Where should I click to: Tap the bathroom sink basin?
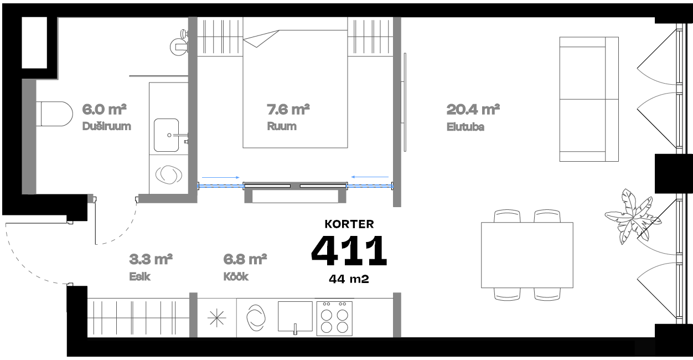[x=166, y=135]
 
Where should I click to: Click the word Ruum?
[x=281, y=126]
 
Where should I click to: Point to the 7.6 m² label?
[x=288, y=109]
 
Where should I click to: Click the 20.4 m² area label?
[x=473, y=109]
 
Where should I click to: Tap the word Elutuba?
[x=466, y=127]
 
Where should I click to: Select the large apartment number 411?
[x=349, y=250]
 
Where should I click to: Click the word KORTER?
[x=349, y=224]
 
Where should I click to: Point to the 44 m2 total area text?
[x=349, y=279]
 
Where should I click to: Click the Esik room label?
[x=139, y=277]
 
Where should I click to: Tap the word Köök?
[x=236, y=277]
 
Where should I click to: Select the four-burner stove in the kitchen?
[x=334, y=318]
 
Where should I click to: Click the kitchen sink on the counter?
[x=295, y=318]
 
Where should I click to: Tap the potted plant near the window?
[x=631, y=216]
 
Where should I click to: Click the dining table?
[x=527, y=255]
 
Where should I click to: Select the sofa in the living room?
[x=588, y=99]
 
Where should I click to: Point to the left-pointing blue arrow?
[x=370, y=177]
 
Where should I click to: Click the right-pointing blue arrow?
[x=221, y=177]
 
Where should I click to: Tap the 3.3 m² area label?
[x=151, y=259]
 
